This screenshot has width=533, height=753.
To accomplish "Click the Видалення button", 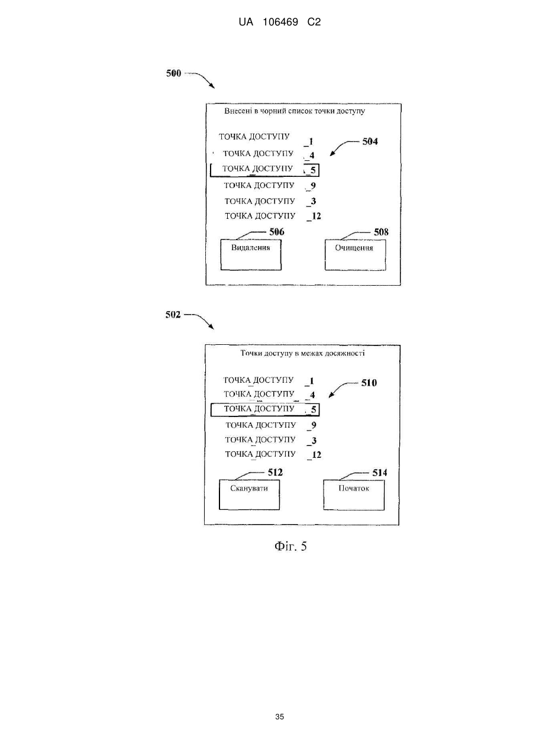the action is [x=251, y=254].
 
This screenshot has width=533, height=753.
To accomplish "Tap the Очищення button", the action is [x=355, y=255].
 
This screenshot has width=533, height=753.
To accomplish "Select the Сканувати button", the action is [x=249, y=495].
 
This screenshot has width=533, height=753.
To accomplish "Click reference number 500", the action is [x=173, y=73].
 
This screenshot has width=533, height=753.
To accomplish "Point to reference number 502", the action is [x=173, y=315].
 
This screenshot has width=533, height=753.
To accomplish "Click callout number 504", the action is [x=370, y=141].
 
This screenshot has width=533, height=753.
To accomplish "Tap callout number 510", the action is [x=369, y=383].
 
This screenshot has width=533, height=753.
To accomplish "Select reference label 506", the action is [x=276, y=232].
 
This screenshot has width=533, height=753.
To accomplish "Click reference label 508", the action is [x=381, y=232].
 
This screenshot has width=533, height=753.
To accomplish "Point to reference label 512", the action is [x=275, y=472].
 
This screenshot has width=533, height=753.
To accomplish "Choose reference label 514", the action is [x=380, y=473].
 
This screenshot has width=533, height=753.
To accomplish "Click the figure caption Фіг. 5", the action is [x=290, y=546].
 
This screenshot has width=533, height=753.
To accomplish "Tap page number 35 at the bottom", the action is [x=279, y=717].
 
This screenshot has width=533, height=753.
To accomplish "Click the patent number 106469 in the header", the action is [x=280, y=22].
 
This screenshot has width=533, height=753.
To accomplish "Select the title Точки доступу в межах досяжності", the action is [x=302, y=353].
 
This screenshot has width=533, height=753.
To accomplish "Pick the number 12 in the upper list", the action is [x=316, y=216].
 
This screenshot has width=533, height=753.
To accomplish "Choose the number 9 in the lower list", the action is [x=314, y=425].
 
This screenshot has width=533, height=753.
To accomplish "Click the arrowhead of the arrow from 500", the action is [x=212, y=87].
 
